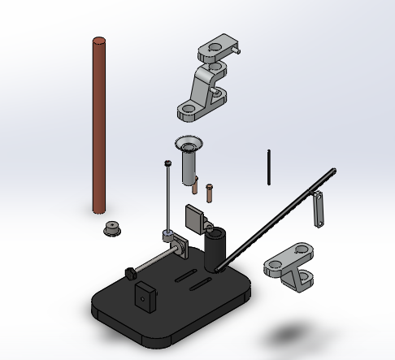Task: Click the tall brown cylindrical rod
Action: (x=99, y=122)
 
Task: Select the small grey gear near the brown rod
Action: (x=111, y=229)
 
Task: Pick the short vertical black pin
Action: (x=269, y=166)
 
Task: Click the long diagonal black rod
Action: (x=276, y=219)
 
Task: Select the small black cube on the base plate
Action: (x=145, y=297)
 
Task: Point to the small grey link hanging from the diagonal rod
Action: (x=319, y=209)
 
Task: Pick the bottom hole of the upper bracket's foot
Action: (x=188, y=106)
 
